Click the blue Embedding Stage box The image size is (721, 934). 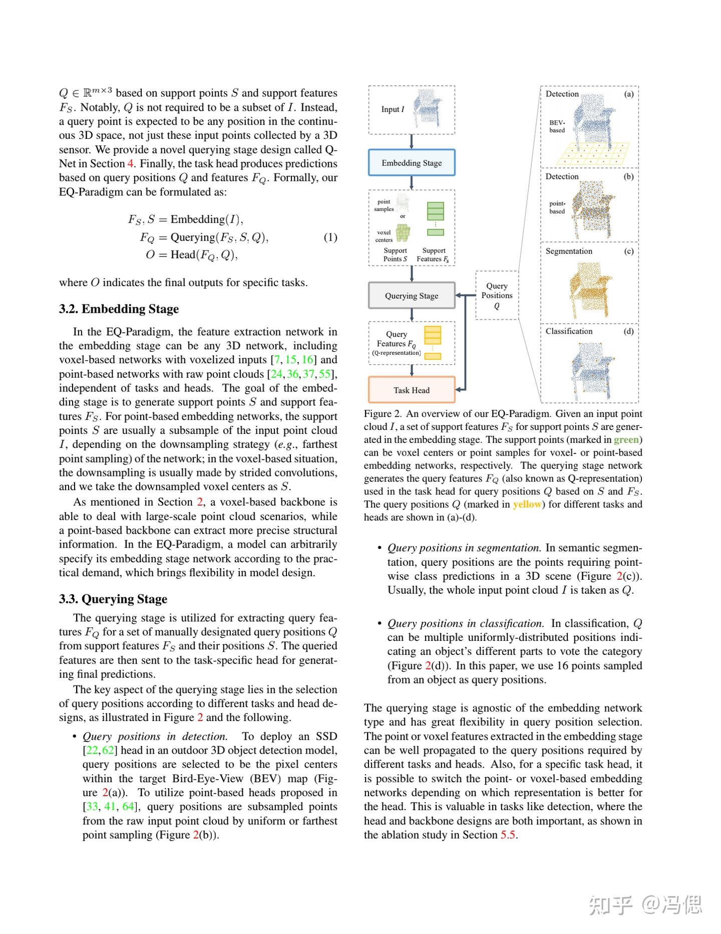click(x=412, y=162)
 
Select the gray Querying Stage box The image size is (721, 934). click(x=412, y=296)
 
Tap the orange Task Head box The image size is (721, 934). click(x=412, y=390)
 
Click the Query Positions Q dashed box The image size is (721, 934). click(x=497, y=295)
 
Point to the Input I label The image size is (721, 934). click(x=393, y=109)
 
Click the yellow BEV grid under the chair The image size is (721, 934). click(x=594, y=154)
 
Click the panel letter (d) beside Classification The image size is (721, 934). click(x=629, y=331)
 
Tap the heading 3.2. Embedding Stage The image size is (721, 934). click(x=119, y=309)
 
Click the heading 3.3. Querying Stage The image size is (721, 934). click(x=113, y=599)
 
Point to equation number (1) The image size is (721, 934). click(x=330, y=237)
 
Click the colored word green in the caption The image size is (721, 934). click(x=626, y=439)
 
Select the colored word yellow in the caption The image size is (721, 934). click(x=527, y=505)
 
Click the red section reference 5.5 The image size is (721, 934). click(x=508, y=834)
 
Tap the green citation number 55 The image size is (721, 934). click(x=325, y=374)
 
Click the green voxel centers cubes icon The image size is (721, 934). click(x=403, y=233)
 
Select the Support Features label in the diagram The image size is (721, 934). click(x=433, y=255)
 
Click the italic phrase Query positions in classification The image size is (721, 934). click(x=465, y=623)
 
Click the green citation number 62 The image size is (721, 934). click(x=108, y=750)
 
